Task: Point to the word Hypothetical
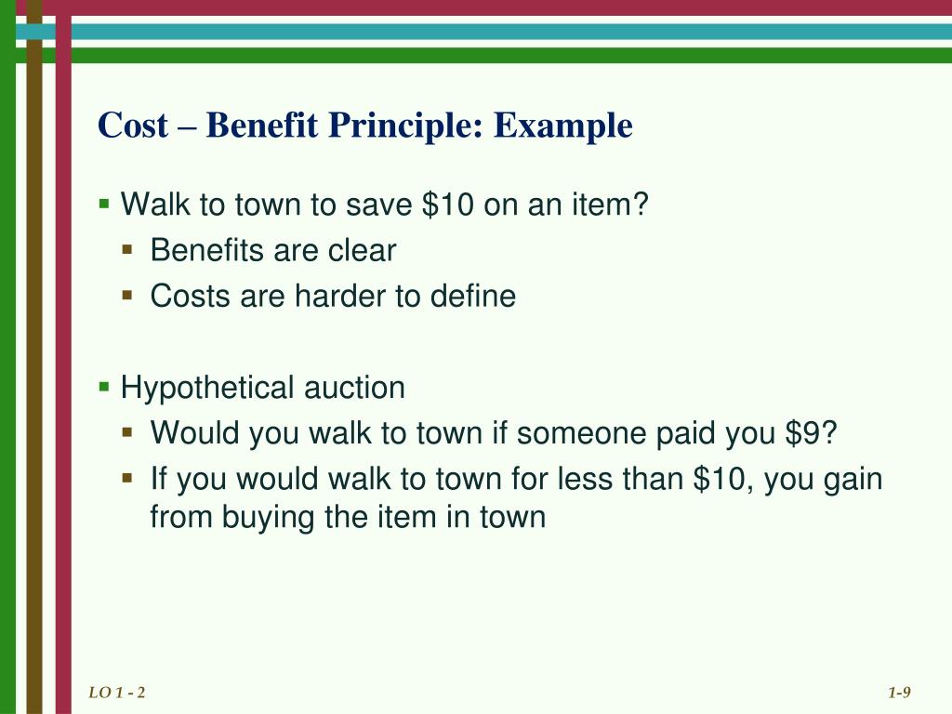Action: pos(209,388)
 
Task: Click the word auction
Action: pos(354,388)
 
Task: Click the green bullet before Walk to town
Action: pos(105,202)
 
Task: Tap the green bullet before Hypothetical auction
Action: pos(105,386)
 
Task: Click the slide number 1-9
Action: pos(899,693)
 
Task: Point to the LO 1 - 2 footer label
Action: pos(118,693)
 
